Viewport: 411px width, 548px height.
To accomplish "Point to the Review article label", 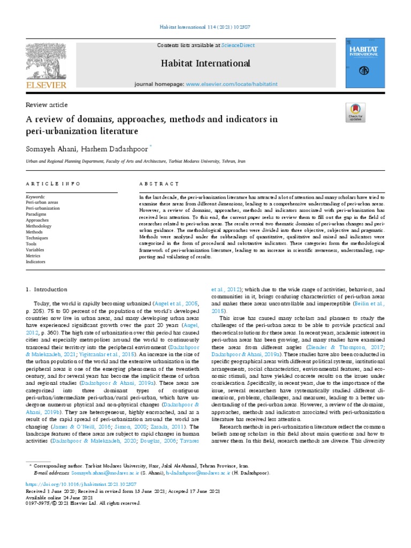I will pos(47,105).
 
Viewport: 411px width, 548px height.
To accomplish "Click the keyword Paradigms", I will pos(36,214).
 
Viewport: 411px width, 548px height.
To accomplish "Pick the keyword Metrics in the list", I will pos(34,256).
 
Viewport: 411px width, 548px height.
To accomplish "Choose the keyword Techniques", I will pos(37,238).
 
